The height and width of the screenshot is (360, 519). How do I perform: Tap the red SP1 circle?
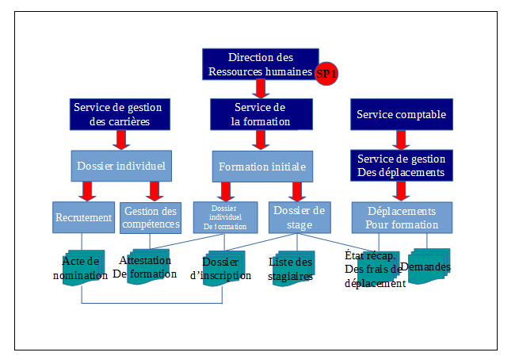326,73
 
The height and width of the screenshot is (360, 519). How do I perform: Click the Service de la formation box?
259,114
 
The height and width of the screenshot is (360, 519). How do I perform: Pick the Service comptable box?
402,114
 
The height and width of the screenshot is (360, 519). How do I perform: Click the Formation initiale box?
261,167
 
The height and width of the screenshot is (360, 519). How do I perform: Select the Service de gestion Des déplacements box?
402,165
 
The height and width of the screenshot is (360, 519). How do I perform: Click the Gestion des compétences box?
151,217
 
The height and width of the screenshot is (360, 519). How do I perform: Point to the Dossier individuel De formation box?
226,217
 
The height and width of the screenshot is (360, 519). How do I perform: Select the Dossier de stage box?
297,217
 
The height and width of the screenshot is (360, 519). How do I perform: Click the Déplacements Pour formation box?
402,217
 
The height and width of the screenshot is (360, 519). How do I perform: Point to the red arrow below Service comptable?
402,140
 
